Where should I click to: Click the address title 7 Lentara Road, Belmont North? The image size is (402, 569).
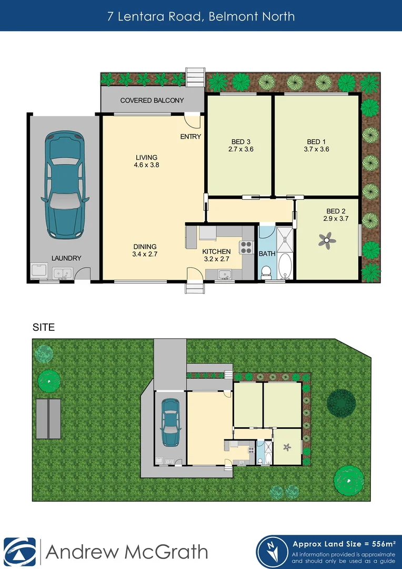tap(201, 16)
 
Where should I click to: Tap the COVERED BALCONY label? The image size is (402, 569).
tap(152, 100)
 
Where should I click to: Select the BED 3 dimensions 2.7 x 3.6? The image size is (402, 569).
tap(241, 150)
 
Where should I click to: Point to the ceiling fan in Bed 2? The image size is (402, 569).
tap(327, 241)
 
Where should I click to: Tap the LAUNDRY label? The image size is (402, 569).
tap(66, 258)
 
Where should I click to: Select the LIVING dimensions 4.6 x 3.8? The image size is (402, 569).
tap(146, 165)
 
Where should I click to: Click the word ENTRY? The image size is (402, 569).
tap(190, 136)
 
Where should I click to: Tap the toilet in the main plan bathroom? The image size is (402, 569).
tap(266, 271)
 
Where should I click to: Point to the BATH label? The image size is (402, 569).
tap(267, 254)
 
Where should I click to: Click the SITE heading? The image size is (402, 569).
tap(44, 327)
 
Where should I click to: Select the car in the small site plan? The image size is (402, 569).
tap(169, 423)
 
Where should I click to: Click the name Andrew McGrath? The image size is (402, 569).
tap(127, 552)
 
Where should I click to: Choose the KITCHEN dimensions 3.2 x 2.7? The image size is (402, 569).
tap(217, 260)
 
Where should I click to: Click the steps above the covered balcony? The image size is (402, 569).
tap(195, 77)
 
